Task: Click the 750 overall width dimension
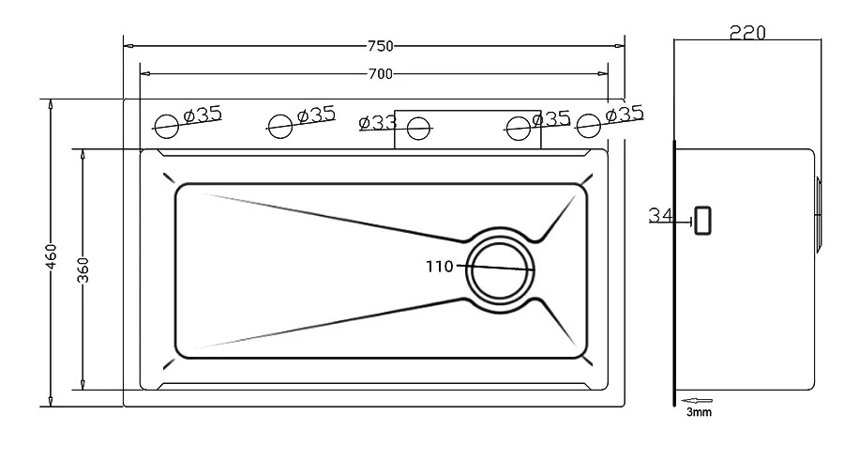(380, 46)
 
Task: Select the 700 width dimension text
(380, 73)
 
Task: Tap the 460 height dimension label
(51, 256)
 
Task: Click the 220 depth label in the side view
(747, 33)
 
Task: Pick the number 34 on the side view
(661, 215)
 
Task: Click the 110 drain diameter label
(440, 267)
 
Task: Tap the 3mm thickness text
(699, 411)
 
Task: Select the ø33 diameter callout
(378, 122)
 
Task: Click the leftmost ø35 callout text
(203, 115)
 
